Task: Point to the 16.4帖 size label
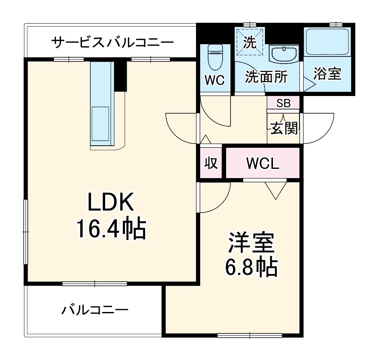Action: [110, 229]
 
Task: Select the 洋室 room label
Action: [251, 242]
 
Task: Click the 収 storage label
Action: [211, 163]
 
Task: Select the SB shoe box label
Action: [283, 102]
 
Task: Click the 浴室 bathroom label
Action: [327, 74]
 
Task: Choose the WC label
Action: [214, 80]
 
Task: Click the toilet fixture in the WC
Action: [215, 56]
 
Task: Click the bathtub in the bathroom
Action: [327, 42]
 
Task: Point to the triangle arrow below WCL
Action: [276, 190]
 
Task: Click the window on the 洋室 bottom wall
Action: [250, 336]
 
